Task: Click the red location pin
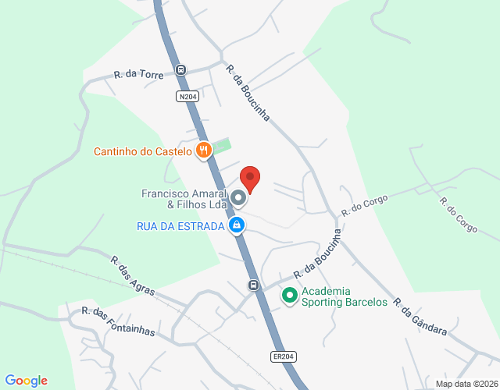coord(250,179)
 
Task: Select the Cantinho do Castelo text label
coord(143,151)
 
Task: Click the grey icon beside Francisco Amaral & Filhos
coord(237,199)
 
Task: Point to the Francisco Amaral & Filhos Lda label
coord(184,199)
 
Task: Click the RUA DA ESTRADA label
coord(180,226)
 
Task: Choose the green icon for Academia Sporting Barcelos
coord(289,296)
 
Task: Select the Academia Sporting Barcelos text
coord(345,296)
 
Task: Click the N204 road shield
coord(187,97)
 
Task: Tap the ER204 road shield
coord(284,356)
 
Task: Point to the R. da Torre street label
coord(138,75)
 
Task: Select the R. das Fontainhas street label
coord(118,321)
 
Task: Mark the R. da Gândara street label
coord(420,317)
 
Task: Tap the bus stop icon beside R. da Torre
coord(181,69)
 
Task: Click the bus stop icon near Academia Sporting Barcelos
coord(254,285)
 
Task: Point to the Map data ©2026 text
coord(466,384)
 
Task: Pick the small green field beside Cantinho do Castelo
coord(223,146)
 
